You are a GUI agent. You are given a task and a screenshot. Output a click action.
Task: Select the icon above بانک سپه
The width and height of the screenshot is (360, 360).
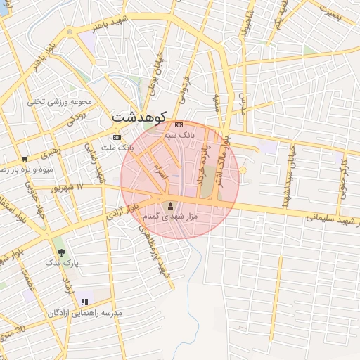tap(179, 124)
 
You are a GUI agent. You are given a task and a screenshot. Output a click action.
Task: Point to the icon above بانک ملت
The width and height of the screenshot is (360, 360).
tap(117, 137)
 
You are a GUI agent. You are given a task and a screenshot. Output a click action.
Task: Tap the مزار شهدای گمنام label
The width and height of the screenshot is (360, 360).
tap(168, 218)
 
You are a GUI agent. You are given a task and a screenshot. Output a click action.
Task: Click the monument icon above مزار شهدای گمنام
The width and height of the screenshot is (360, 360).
tap(170, 206)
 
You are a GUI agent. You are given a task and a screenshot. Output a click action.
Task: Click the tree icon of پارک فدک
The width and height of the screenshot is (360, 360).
tap(61, 252)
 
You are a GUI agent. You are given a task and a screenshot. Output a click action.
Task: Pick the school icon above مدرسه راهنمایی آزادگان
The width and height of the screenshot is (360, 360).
tap(85, 302)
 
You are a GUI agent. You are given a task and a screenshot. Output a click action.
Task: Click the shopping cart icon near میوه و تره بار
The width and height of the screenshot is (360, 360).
tap(25, 159)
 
